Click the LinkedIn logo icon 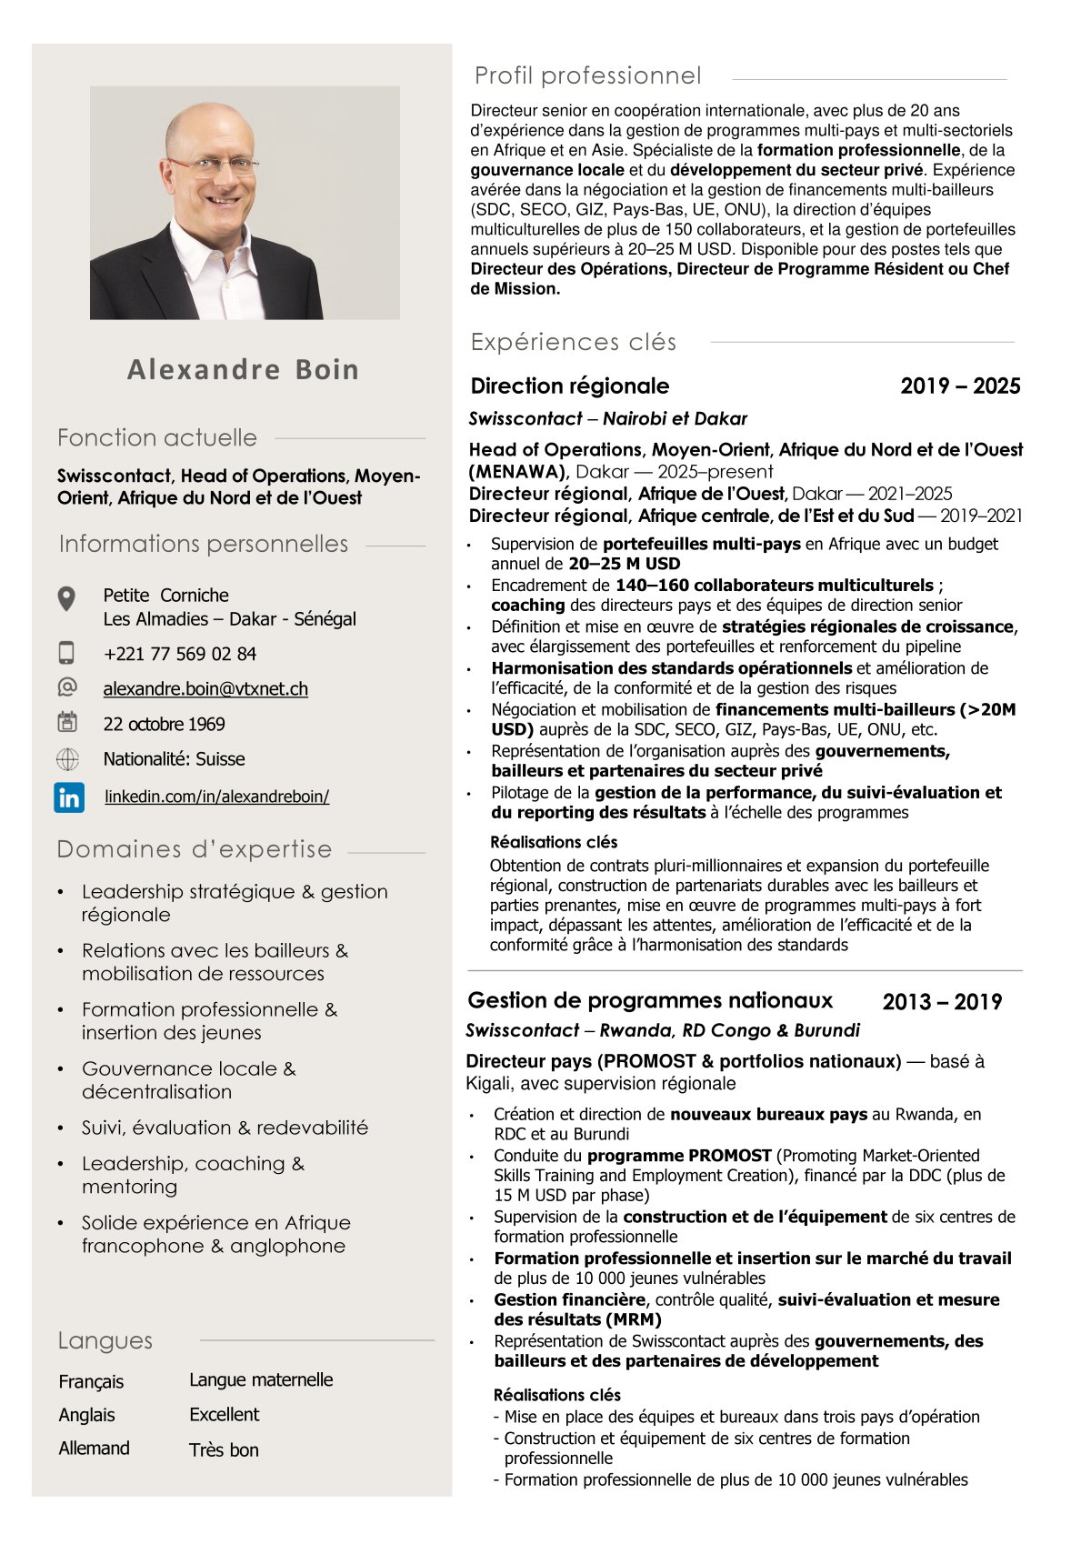[69, 797]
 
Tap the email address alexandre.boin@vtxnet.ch [205, 689]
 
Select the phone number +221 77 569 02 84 [180, 654]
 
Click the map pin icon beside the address [66, 599]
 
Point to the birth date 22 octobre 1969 [164, 724]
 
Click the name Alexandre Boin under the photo [243, 369]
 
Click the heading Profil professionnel [587, 75]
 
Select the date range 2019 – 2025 [960, 386]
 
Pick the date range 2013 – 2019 [942, 1002]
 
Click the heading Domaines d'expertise [195, 849]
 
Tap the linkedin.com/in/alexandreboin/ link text [217, 797]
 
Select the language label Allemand [95, 1449]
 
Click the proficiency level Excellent [225, 1415]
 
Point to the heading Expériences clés [574, 342]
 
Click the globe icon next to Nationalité [67, 759]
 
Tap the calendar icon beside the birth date [67, 723]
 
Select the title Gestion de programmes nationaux [650, 1001]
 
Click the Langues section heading [105, 1340]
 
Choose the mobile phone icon [66, 653]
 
